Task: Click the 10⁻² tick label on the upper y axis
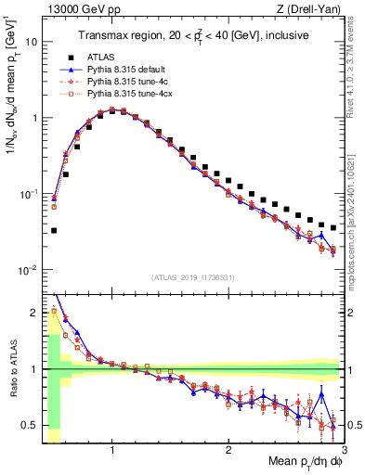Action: tap(28, 270)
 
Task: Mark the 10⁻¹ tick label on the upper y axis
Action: tap(28, 194)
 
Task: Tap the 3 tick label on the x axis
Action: tap(343, 451)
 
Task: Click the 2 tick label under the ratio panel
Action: tap(228, 451)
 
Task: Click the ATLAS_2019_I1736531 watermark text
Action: tap(192, 277)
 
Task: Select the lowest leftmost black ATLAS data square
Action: tap(54, 230)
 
